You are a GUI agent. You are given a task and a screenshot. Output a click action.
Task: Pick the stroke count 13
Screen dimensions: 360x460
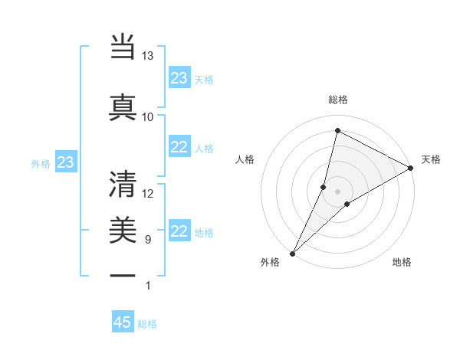147,56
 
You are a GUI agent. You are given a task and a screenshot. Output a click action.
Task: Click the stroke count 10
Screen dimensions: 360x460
147,117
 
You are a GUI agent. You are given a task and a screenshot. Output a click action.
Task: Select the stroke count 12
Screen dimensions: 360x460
147,194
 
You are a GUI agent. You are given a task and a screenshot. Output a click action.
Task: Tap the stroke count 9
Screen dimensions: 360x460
147,240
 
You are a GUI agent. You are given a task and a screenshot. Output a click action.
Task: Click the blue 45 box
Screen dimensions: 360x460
123,322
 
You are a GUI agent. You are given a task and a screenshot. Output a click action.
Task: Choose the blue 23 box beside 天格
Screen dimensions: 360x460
179,78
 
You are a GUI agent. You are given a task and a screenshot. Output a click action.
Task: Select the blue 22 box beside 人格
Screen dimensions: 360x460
179,147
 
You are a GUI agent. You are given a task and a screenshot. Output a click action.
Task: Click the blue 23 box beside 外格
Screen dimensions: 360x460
65,162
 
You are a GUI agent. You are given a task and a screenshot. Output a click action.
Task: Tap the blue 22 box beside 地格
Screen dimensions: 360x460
179,231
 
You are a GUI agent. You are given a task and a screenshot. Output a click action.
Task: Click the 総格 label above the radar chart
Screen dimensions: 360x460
338,100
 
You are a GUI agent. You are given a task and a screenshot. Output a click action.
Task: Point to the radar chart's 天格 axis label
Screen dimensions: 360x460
431,159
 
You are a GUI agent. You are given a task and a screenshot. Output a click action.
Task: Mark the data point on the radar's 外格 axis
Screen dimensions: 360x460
292,253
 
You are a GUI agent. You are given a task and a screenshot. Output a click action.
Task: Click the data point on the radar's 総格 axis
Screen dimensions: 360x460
337,130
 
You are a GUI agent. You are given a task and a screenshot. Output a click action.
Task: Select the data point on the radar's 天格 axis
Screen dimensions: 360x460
411,168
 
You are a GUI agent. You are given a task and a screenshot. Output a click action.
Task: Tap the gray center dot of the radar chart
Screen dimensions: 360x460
337,191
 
